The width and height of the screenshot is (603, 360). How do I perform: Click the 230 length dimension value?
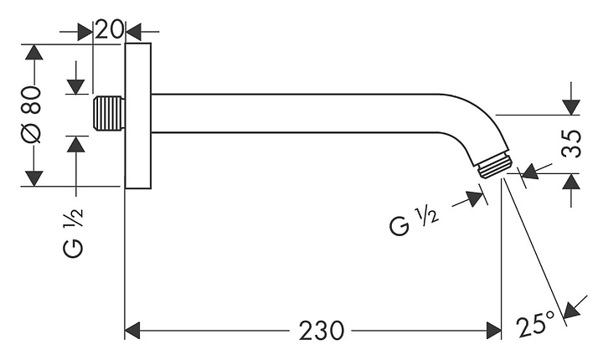[322, 331]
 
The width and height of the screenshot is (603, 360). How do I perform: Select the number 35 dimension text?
[571, 144]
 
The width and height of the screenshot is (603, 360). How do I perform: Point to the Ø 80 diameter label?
[33, 116]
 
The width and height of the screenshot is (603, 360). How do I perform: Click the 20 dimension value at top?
[108, 30]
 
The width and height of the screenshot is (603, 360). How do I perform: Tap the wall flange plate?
[141, 116]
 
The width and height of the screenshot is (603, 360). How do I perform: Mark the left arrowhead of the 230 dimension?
[131, 331]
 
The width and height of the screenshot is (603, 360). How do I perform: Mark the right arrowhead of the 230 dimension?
[493, 331]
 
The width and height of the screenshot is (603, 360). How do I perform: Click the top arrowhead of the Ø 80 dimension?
[33, 52]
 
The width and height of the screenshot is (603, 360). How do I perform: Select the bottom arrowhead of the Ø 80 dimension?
[33, 178]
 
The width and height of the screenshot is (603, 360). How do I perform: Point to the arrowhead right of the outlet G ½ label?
[477, 198]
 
